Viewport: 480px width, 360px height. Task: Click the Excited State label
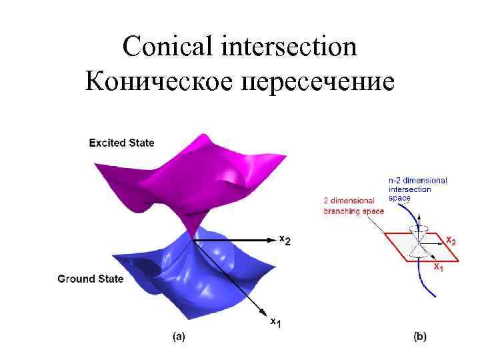click(x=121, y=143)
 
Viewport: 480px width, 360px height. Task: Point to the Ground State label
click(x=90, y=279)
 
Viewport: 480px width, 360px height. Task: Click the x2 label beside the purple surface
click(x=284, y=240)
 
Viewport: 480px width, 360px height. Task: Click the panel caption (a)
click(x=179, y=337)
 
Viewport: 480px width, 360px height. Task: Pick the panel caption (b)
click(x=420, y=337)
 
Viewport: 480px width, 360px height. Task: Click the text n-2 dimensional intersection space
click(x=417, y=189)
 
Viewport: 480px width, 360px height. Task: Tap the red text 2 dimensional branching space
click(x=353, y=205)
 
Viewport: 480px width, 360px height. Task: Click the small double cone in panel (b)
click(x=421, y=241)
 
